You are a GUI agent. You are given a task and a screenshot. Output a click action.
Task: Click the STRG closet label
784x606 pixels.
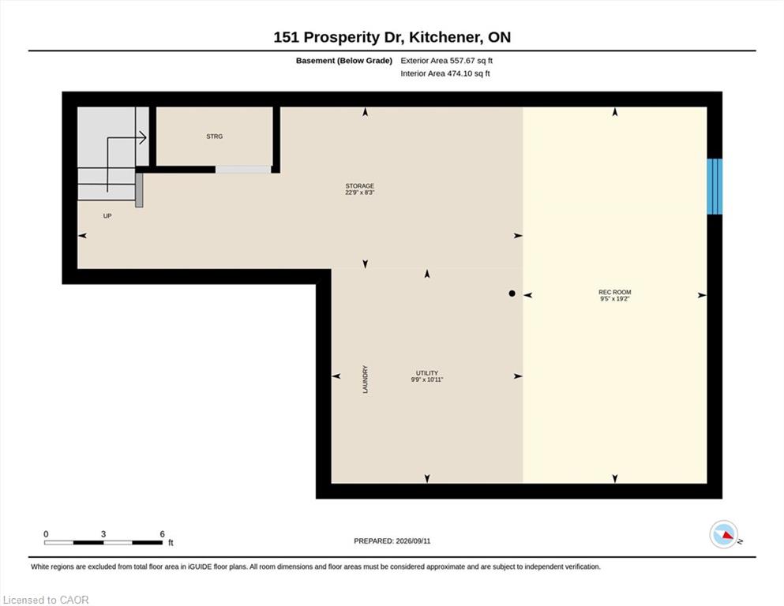pyautogui.click(x=215, y=137)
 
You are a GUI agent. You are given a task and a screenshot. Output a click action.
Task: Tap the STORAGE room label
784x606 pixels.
pyautogui.click(x=359, y=186)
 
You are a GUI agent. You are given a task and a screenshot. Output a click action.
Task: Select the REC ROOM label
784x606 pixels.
pyautogui.click(x=614, y=292)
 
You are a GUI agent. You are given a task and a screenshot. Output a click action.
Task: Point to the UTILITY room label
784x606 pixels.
pyautogui.click(x=427, y=373)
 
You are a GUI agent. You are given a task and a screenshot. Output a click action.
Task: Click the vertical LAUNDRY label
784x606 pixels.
pyautogui.click(x=365, y=380)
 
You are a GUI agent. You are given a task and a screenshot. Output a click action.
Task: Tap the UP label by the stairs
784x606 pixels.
pyautogui.click(x=107, y=216)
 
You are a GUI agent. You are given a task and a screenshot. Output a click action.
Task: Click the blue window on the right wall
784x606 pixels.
pyautogui.click(x=715, y=186)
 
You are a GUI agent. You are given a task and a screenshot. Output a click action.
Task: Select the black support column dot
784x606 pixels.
pyautogui.click(x=512, y=294)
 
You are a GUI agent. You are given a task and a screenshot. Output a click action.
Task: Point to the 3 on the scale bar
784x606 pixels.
pyautogui.click(x=103, y=534)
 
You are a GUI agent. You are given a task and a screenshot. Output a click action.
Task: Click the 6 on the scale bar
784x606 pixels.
pyautogui.click(x=162, y=534)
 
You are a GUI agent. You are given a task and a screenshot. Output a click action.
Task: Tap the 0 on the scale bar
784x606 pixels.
pyautogui.click(x=46, y=534)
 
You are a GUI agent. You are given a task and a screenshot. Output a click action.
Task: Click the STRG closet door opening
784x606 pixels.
pyautogui.click(x=243, y=170)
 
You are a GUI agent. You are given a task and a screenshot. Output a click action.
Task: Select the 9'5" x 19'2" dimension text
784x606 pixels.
pyautogui.click(x=614, y=299)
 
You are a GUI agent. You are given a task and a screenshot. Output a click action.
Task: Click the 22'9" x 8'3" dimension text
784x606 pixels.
pyautogui.click(x=359, y=193)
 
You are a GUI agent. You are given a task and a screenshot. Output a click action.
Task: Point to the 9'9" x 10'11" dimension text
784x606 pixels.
pyautogui.click(x=427, y=380)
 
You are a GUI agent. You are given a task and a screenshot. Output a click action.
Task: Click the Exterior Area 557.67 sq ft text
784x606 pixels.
pyautogui.click(x=447, y=61)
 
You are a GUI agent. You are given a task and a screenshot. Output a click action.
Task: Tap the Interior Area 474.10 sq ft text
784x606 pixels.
pyautogui.click(x=445, y=73)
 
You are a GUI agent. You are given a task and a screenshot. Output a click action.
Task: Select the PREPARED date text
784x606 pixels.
pyautogui.click(x=392, y=541)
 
